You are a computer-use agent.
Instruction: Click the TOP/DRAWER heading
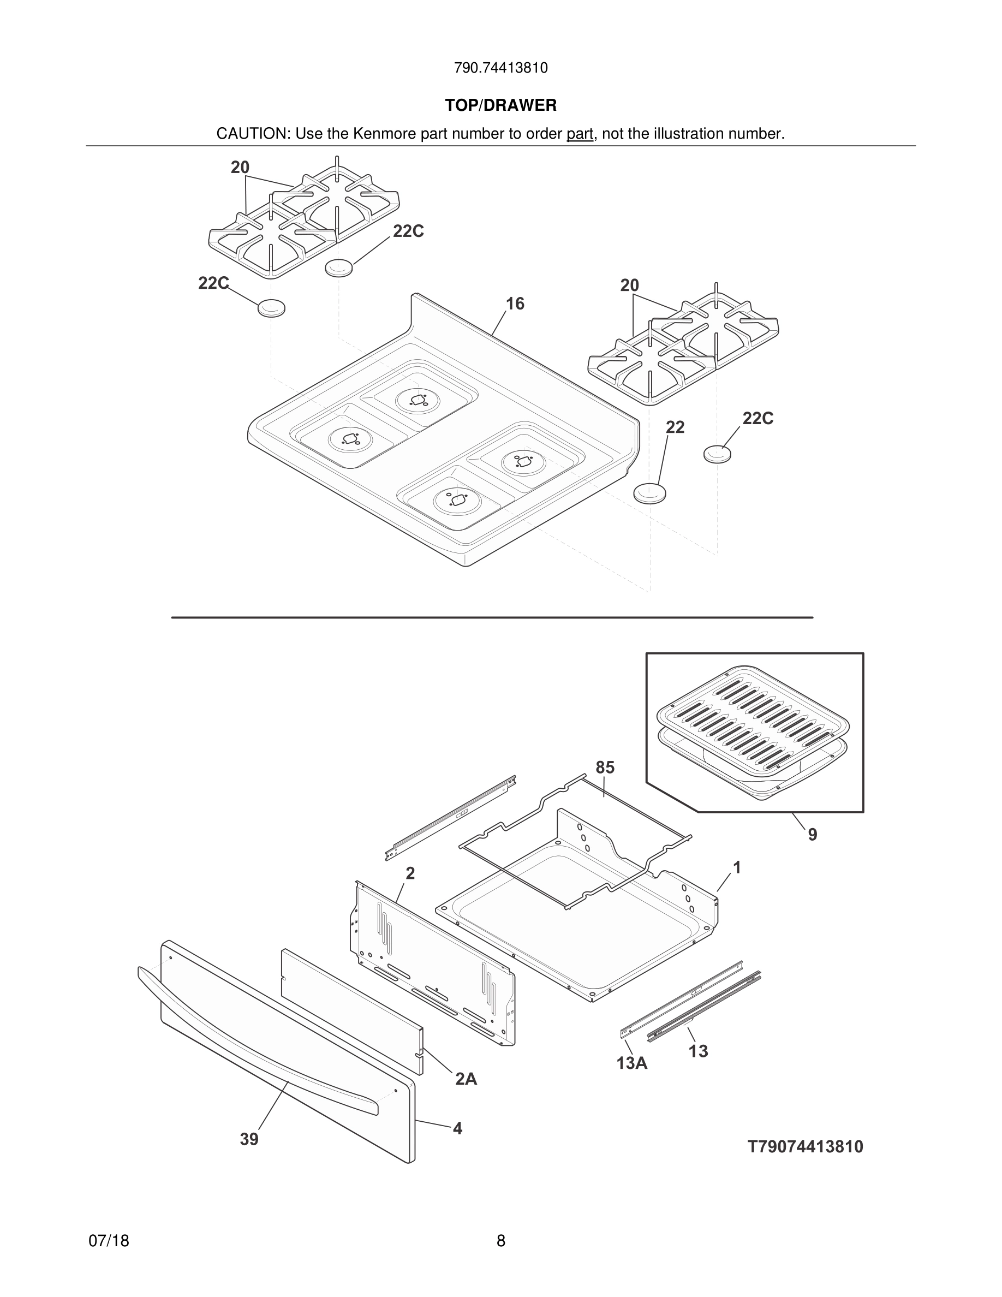point(500,106)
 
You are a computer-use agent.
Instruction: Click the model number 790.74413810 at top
point(500,68)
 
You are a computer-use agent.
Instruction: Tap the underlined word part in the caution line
point(580,134)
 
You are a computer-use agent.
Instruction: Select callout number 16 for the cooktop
point(515,304)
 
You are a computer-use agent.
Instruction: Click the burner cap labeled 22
point(650,493)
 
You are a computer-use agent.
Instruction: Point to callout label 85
point(605,768)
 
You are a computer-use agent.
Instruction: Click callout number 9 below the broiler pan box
point(813,835)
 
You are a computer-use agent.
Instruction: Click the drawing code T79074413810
point(805,1147)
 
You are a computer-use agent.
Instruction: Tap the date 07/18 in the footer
point(109,1241)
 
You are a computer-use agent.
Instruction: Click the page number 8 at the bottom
point(500,1241)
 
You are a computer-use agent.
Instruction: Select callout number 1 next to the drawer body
point(737,868)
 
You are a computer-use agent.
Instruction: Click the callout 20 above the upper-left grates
point(240,168)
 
